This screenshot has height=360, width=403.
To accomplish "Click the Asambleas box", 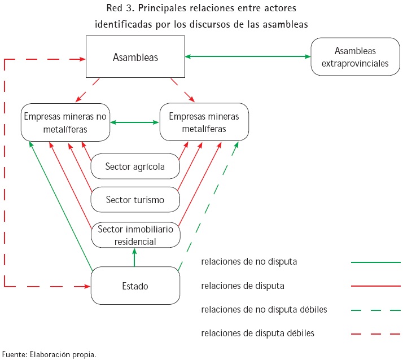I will [x=135, y=57].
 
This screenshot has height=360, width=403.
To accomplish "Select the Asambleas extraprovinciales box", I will [x=354, y=57].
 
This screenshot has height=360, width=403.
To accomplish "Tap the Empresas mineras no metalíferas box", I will [x=65, y=122].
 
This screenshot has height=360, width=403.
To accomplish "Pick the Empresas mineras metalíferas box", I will [x=204, y=122].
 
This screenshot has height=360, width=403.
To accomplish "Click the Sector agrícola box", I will [x=135, y=166].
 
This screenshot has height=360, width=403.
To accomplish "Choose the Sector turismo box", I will [x=135, y=200].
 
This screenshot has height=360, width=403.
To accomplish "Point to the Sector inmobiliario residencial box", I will [x=135, y=235].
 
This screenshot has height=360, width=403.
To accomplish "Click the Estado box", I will [x=135, y=286].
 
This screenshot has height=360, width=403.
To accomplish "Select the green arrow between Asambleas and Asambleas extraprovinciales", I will [x=248, y=56].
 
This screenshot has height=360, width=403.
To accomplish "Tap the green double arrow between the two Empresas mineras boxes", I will [x=135, y=122].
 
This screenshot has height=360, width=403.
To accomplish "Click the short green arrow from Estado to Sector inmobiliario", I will [x=134, y=258].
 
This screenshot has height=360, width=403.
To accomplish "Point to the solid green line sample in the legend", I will [x=375, y=262].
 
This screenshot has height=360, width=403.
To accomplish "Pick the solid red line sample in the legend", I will [x=375, y=286].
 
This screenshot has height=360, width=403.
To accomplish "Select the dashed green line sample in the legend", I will [x=375, y=310].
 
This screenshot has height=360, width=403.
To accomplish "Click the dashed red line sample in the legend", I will [x=375, y=333].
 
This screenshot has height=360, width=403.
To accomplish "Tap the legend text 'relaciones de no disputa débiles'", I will [x=264, y=310].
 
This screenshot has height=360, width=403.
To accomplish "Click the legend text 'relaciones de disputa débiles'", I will [x=257, y=333].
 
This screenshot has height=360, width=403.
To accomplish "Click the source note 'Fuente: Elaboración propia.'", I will [x=49, y=354].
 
